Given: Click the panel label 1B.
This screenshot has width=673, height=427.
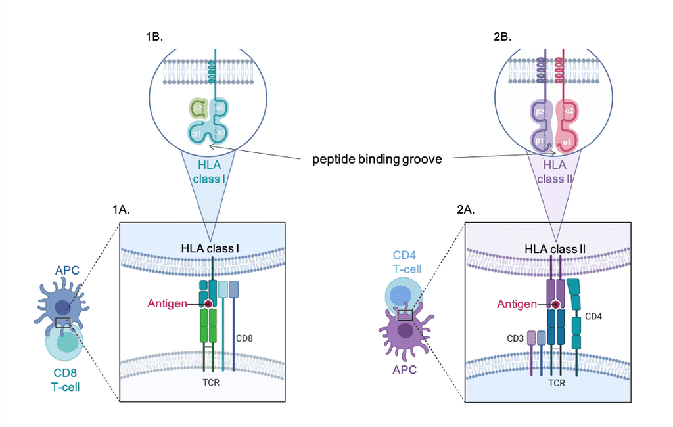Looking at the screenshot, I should coord(154,37).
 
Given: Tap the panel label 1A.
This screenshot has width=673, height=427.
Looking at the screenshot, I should coord(123,210).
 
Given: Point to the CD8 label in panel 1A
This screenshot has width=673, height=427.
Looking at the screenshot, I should coord(244,338).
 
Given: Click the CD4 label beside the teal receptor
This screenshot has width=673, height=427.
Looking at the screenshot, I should coord(593,317).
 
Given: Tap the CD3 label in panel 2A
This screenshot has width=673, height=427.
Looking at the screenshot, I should coord(515,339).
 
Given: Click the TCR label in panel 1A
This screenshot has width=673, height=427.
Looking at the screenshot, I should coord(210,381).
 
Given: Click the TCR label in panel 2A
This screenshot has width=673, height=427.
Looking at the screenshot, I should coord(557,381).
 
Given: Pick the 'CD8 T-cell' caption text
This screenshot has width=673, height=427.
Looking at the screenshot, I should coord(66,380).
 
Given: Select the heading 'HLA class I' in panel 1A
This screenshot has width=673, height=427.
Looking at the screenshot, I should coord(210,248).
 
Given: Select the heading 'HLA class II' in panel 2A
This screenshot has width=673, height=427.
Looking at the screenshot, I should coord(557,248).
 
